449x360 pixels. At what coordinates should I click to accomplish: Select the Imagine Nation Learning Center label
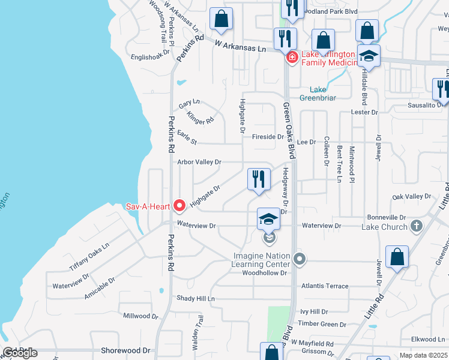pos(262,260)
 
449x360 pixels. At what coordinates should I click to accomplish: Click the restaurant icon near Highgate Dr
pos(259,179)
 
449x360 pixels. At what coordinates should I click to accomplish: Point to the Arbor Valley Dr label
pos(199,162)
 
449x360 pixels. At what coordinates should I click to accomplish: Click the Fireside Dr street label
pos(268,137)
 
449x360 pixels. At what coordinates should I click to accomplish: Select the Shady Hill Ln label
pos(195,298)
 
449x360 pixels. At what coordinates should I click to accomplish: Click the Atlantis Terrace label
pos(325,286)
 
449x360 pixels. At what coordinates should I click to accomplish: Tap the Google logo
pos(20,353)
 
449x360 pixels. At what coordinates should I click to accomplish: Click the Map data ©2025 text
pos(424,355)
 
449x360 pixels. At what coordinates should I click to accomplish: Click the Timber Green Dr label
pos(323,324)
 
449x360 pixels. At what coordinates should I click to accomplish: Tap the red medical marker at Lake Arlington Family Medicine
pos(292,58)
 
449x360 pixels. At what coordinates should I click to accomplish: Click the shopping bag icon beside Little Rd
pos(397,257)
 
